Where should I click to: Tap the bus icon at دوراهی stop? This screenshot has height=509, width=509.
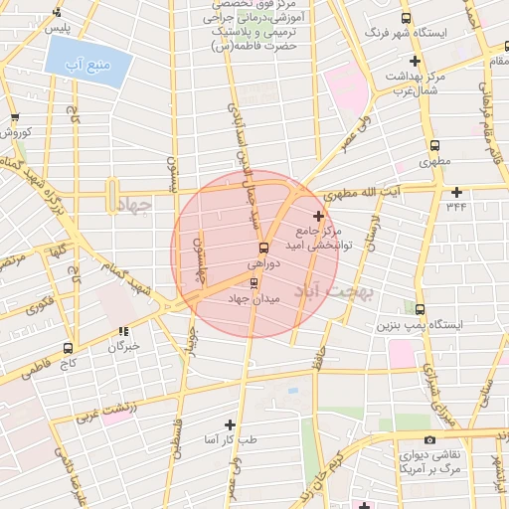coord(263,248)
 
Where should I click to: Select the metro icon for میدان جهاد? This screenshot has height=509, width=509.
coord(253,282)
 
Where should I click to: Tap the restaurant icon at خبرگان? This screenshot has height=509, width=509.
coord(123,332)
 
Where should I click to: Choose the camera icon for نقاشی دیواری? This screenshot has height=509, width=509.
coord(429,440)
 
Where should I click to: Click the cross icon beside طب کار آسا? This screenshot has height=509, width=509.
coord(231,424)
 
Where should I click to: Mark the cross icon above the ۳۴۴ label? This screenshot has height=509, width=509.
coord(456,192)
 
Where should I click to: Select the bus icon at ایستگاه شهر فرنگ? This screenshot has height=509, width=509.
coord(406,19)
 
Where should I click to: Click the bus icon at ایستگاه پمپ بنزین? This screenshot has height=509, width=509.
coord(421,310)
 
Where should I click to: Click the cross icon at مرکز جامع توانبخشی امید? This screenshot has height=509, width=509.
coord(318,216)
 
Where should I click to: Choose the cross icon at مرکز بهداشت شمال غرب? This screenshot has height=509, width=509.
coord(415,62)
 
